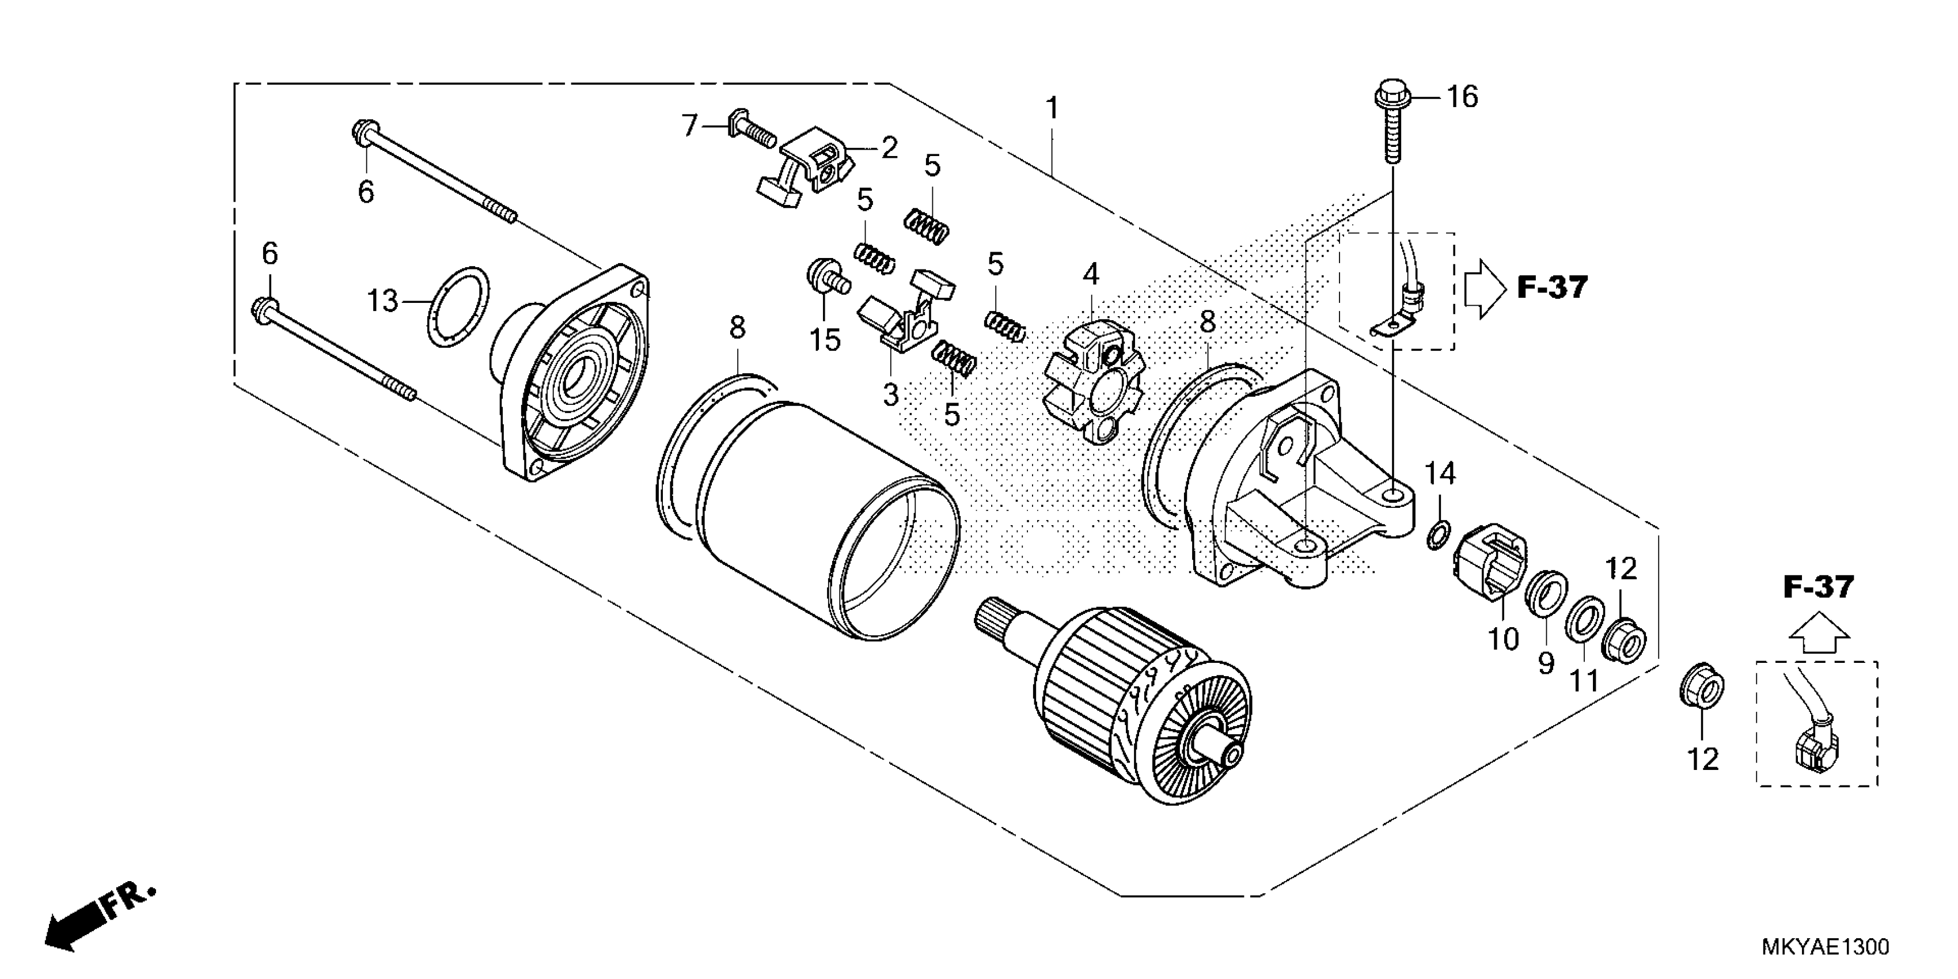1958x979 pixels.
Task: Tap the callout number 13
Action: [x=382, y=301]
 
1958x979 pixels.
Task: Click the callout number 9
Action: [x=1546, y=663]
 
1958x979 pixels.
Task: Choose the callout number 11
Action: [x=1585, y=680]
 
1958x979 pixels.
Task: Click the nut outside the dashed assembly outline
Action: [x=1701, y=689]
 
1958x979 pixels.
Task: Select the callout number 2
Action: [x=889, y=147]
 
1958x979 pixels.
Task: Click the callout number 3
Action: [x=890, y=395]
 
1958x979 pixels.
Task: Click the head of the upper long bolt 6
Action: [x=361, y=134]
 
